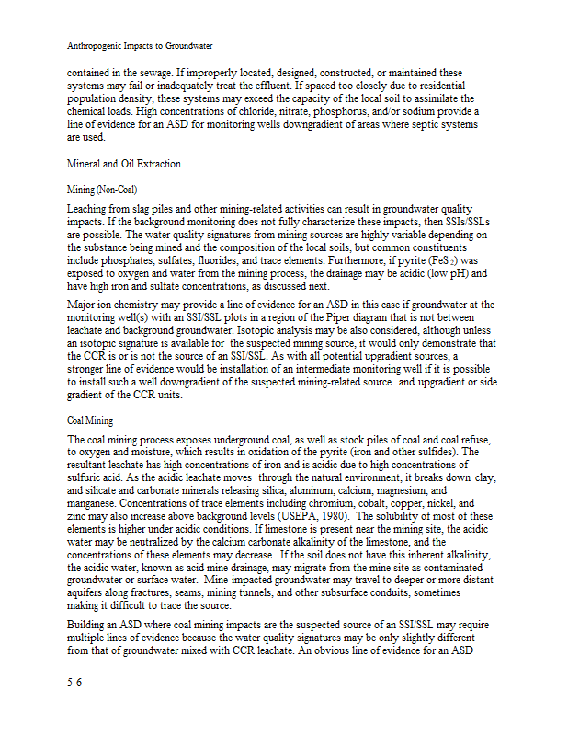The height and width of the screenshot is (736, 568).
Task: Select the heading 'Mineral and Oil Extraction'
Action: pyautogui.click(x=124, y=164)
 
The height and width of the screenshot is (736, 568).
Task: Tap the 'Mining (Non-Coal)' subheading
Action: pyautogui.click(x=102, y=190)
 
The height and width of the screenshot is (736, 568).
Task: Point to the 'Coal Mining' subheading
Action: pyautogui.click(x=90, y=420)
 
